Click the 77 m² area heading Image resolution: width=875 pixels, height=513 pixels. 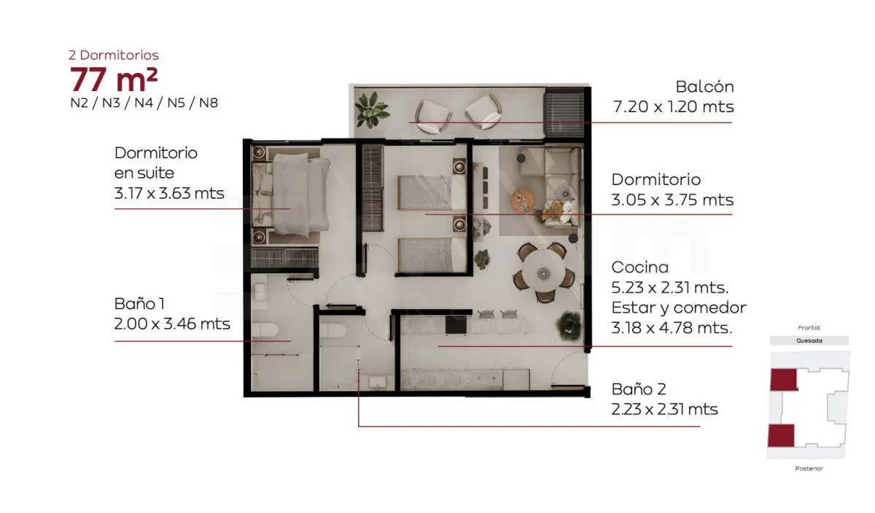(114, 79)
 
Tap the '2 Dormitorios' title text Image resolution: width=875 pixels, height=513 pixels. (114, 55)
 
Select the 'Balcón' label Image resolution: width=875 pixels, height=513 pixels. (704, 87)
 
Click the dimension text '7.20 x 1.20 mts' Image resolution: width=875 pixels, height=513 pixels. (674, 106)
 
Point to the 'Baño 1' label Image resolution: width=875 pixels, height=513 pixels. (139, 304)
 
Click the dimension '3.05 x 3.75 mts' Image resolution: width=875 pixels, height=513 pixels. (672, 200)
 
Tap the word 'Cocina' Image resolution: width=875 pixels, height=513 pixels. (640, 267)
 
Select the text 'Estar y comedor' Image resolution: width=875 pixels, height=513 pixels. (679, 308)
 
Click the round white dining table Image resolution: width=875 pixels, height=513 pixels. (543, 271)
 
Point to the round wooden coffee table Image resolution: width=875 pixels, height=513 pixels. (522, 201)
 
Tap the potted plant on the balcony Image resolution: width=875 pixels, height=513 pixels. (370, 110)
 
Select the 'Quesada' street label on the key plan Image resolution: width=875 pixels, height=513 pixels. (809, 341)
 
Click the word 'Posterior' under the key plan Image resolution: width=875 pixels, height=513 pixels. (809, 469)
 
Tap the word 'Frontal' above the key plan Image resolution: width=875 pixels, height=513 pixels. (809, 328)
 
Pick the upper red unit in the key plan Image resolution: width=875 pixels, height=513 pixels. (784, 380)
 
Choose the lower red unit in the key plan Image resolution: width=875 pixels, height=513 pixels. (781, 436)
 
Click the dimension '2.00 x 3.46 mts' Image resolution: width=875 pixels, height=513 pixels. (172, 324)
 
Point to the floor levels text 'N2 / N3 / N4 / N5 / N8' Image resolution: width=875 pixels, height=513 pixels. (144, 103)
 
